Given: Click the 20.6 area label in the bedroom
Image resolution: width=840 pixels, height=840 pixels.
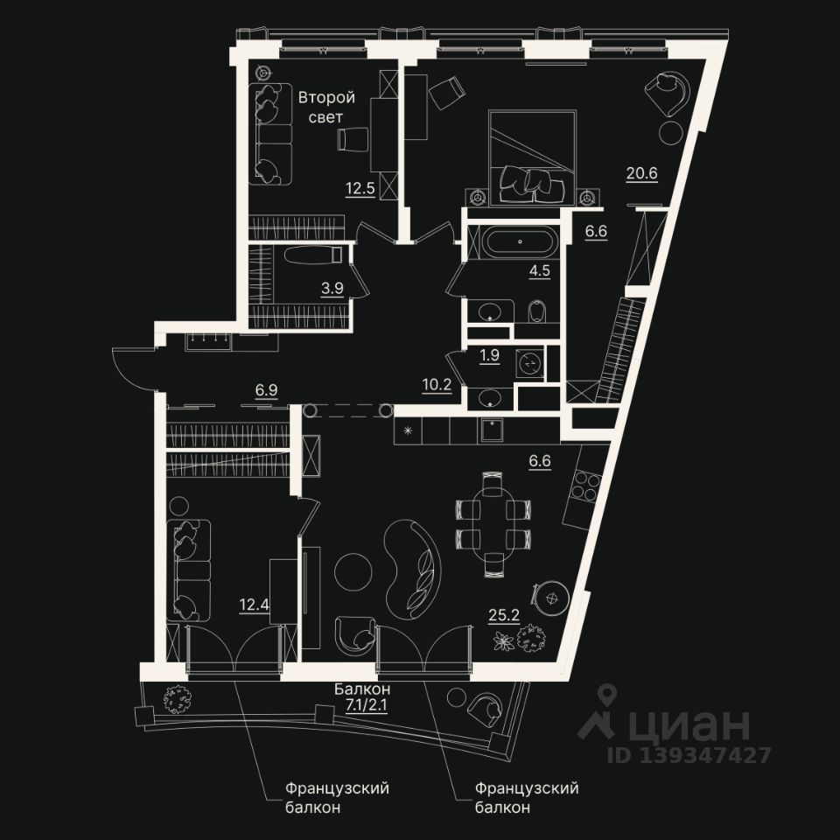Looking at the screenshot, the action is pos(641,172).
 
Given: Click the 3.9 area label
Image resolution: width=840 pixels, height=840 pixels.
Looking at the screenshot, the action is pos(332,287).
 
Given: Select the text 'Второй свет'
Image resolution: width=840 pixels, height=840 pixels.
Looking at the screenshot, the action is pos(325,107).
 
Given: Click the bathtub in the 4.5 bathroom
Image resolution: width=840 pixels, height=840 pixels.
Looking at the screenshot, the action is pos(518,241).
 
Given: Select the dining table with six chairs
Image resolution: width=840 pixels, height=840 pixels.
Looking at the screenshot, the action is pos(493,521).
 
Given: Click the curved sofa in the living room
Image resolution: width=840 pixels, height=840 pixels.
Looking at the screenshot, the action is pos(415,564).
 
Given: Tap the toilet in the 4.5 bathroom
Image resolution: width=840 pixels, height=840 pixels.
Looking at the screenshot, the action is pos(538,310).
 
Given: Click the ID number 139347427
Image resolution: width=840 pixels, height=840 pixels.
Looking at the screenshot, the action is pos(706,755).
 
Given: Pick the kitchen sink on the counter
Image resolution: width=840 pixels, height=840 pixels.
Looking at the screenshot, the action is pos(495,429).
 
